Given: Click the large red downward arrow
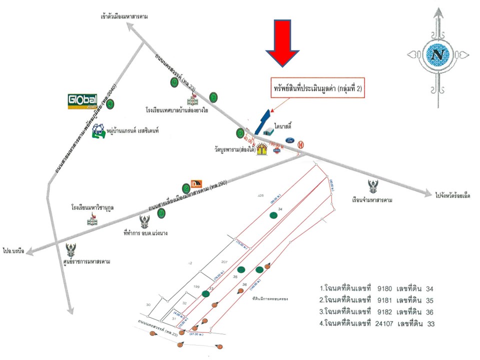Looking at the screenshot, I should pyautogui.click(x=282, y=42).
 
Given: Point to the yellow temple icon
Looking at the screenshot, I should pyautogui.click(x=261, y=149).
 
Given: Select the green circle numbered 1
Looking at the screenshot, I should pyautogui.click(x=213, y=97).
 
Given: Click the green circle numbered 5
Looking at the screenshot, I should pyautogui.click(x=174, y=82).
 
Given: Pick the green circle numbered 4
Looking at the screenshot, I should pyautogui.click(x=109, y=104).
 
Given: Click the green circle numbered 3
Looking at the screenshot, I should pyautogui.click(x=161, y=213).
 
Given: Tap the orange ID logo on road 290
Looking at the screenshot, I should pyautogui.click(x=195, y=184).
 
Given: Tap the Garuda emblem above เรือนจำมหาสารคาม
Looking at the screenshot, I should pyautogui.click(x=372, y=187).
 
